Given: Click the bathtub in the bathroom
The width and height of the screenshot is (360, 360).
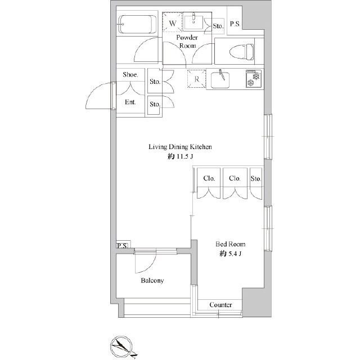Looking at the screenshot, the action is click(x=137, y=25).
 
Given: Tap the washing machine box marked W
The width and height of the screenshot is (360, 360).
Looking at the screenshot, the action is click(x=172, y=22).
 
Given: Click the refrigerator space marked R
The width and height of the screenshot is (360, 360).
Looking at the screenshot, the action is click(x=196, y=79).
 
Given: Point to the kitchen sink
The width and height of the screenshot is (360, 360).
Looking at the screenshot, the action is click(x=220, y=80).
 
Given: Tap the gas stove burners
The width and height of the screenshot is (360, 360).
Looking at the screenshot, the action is click(x=254, y=79).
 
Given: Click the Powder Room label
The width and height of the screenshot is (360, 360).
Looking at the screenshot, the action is click(x=187, y=42).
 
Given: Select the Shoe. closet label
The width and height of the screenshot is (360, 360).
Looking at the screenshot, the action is click(x=130, y=74).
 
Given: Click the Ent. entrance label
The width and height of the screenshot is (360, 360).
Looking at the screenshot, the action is click(x=130, y=102).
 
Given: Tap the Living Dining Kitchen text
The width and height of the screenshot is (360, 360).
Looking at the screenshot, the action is click(x=180, y=147).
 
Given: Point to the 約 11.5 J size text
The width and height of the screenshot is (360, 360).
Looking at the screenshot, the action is click(x=180, y=156).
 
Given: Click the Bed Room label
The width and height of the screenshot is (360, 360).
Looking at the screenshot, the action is click(x=230, y=244).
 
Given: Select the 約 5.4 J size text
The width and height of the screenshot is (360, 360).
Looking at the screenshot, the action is click(x=230, y=254).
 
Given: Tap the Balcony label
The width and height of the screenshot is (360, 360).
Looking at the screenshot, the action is click(x=152, y=280).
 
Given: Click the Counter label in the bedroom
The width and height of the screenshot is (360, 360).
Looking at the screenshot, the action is click(x=220, y=305).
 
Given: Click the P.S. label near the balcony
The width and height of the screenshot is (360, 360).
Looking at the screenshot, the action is click(x=122, y=246).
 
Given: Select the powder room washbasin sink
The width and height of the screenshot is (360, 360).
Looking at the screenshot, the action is click(x=193, y=22).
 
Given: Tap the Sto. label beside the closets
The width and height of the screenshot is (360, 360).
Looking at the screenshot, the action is click(x=256, y=178).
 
